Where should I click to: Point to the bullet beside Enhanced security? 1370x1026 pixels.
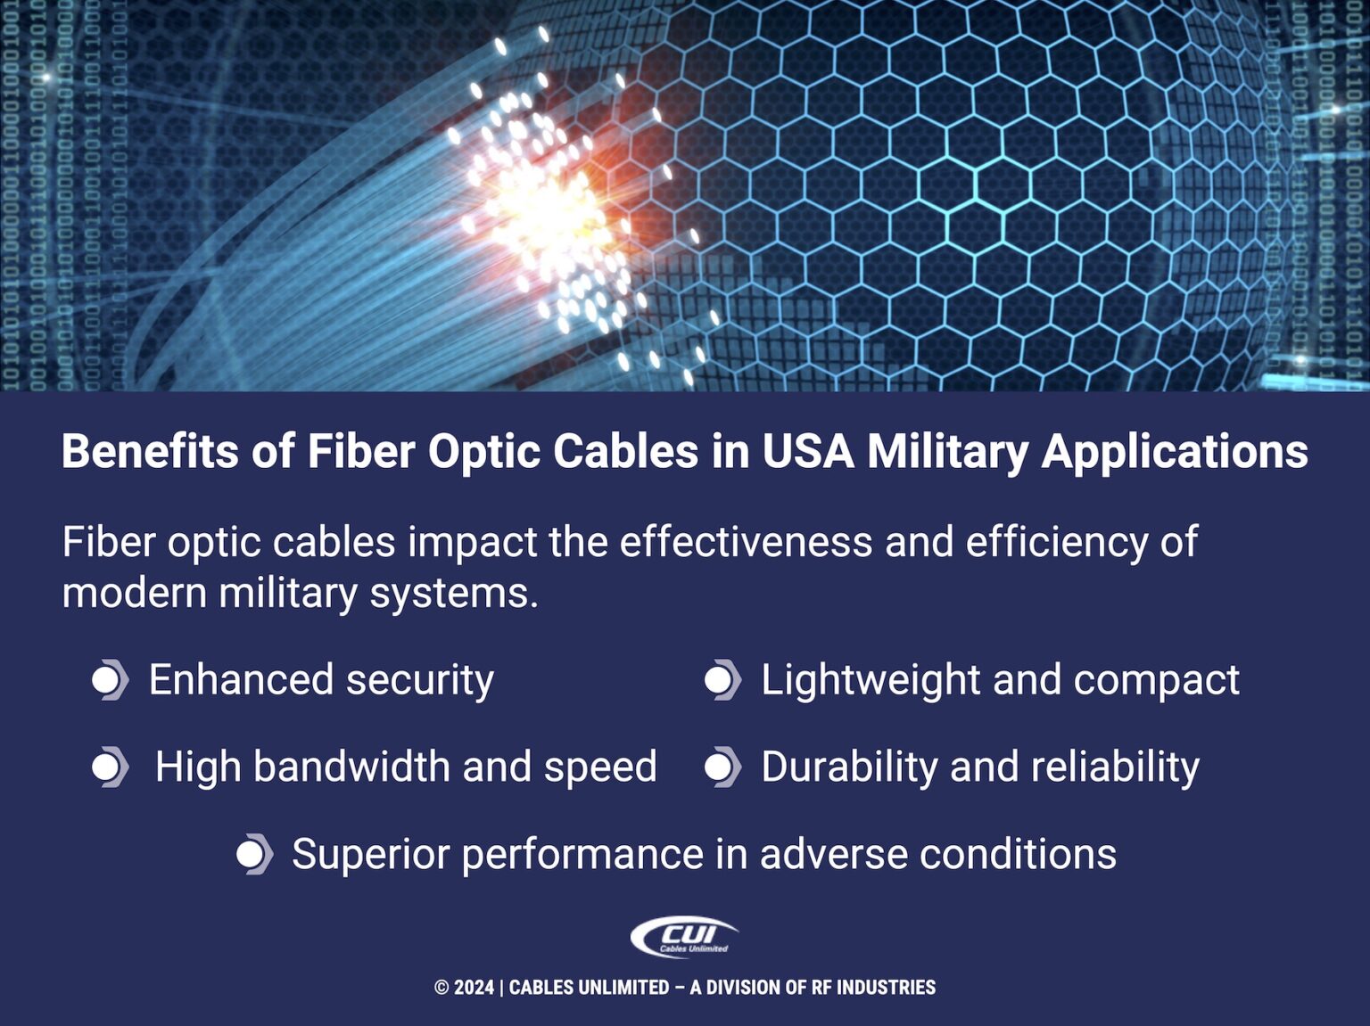coord(109,680)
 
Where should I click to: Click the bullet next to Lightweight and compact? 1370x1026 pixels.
coord(722,680)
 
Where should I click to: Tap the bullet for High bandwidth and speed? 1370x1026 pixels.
coord(109,767)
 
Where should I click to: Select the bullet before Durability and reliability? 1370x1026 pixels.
coord(722,767)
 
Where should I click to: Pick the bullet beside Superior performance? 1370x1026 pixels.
coord(253,854)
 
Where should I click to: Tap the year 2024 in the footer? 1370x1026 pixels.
coord(474,988)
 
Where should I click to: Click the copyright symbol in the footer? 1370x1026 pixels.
coord(442,988)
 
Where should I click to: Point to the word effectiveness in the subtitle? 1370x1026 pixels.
coord(746,542)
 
